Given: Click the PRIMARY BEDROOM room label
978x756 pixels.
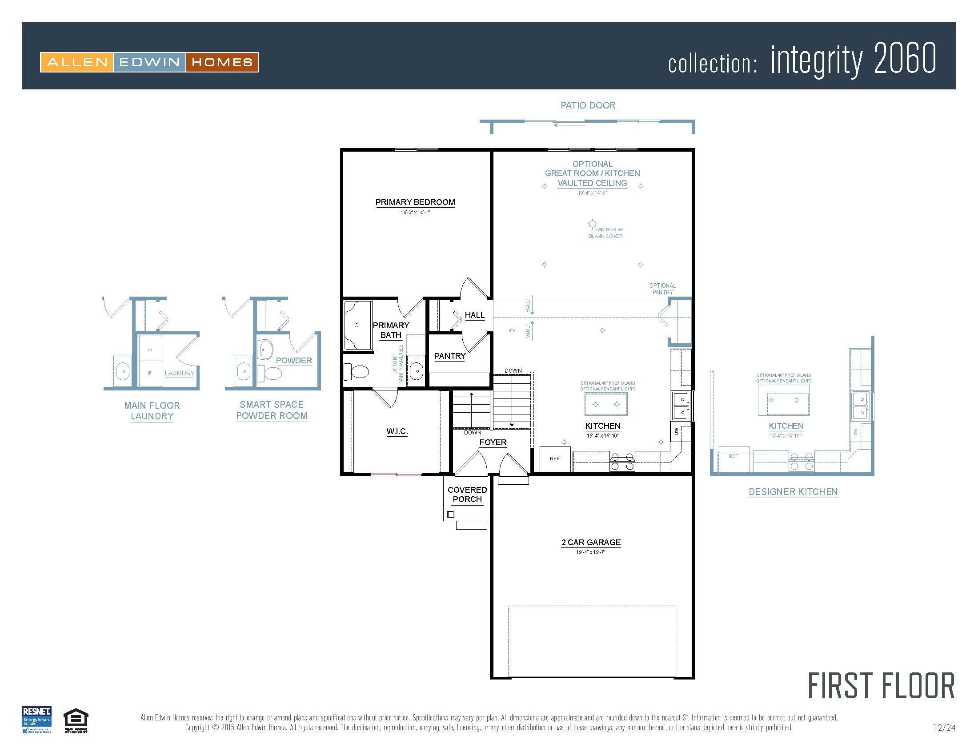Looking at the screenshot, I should click(x=415, y=202).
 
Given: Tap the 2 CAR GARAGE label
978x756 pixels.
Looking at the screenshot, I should click(x=591, y=543).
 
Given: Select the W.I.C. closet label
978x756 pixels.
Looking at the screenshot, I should click(x=397, y=431).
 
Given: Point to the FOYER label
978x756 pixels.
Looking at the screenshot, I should click(x=493, y=442).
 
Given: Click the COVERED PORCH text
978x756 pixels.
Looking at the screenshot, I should click(x=467, y=495).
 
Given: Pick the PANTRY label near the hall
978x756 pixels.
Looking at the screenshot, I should click(x=449, y=356).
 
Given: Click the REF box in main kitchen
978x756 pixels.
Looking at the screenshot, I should click(x=554, y=458).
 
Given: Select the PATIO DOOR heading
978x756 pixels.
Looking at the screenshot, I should click(x=588, y=105).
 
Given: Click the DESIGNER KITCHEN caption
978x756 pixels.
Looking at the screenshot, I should click(x=793, y=492).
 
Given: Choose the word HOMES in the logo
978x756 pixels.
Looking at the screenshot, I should click(x=222, y=62).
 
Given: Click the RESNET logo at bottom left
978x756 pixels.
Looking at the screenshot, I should click(x=37, y=719).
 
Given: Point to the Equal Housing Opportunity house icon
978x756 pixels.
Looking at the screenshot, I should click(x=76, y=720).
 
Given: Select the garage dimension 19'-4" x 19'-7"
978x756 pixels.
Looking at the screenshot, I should click(x=590, y=552).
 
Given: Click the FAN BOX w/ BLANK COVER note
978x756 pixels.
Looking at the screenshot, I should click(x=605, y=233).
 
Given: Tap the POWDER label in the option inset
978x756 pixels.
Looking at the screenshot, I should click(x=293, y=361).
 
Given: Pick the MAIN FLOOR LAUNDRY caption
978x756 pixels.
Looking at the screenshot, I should click(x=152, y=411).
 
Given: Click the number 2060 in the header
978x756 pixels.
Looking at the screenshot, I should click(x=905, y=59).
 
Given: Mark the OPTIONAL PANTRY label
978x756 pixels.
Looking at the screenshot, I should click(x=662, y=289).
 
